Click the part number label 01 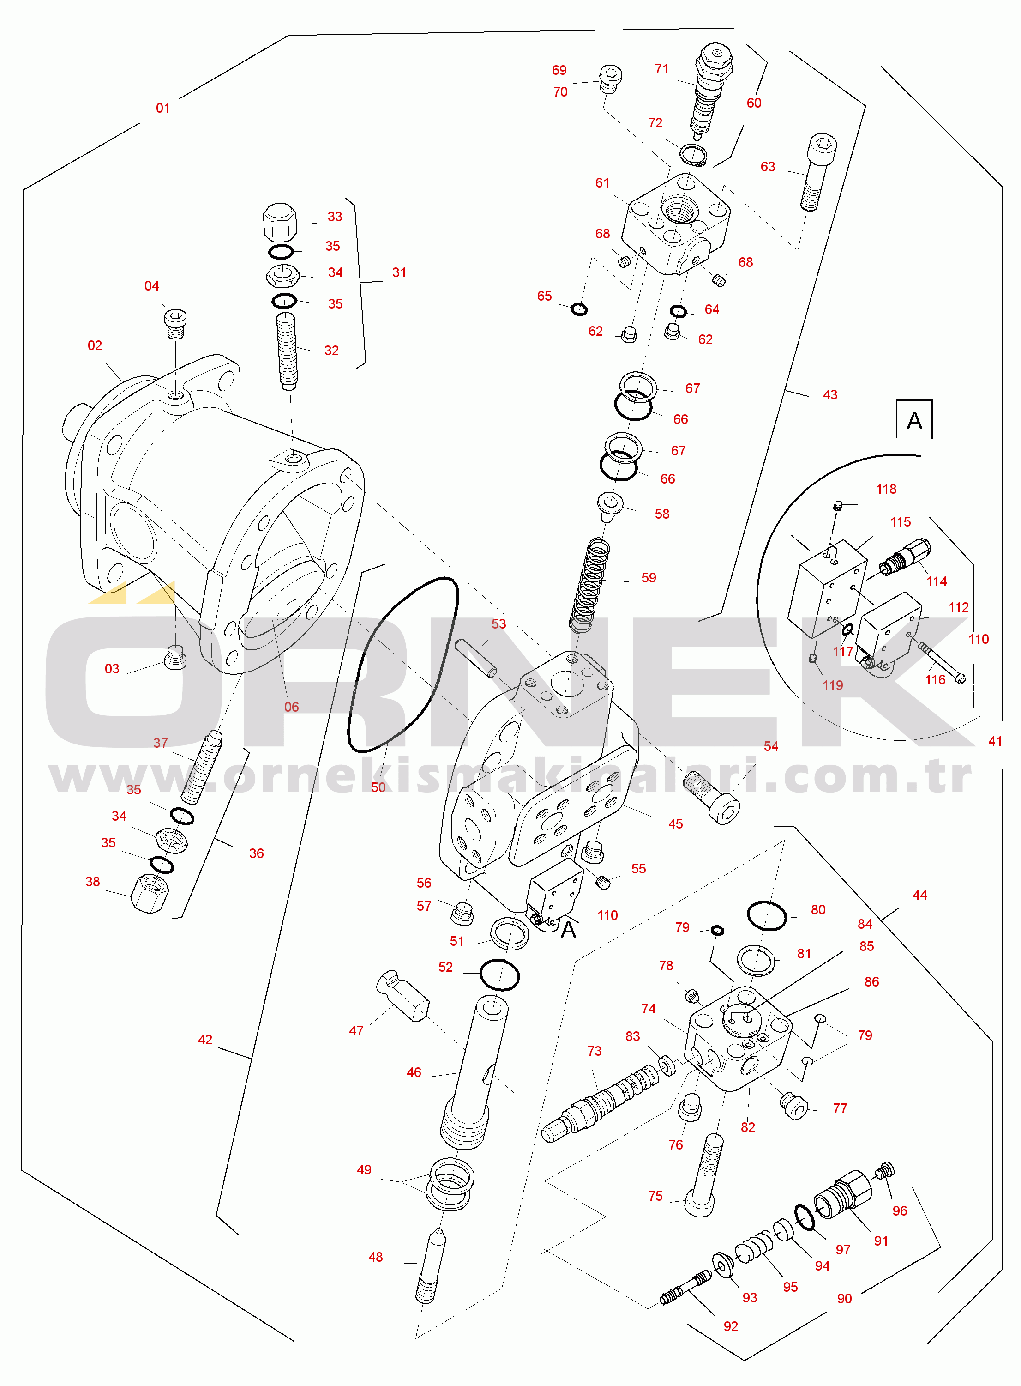[162, 108]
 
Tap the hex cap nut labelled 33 [279, 223]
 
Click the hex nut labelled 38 [150, 893]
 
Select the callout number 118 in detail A [886, 489]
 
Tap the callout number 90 [844, 1299]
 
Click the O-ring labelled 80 [766, 915]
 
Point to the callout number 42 [205, 1040]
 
